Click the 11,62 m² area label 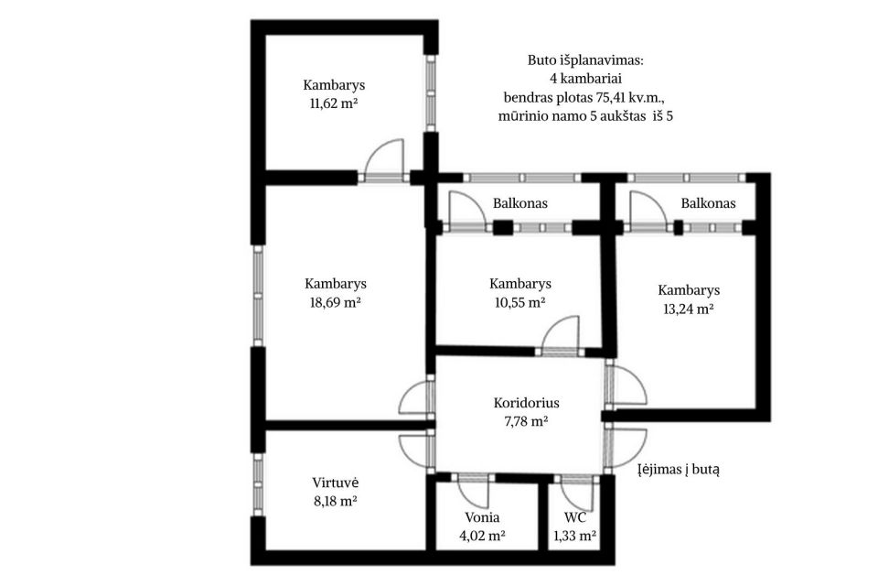click(x=334, y=103)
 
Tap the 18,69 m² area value click(x=335, y=303)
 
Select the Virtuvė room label click(x=336, y=483)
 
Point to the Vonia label click(x=482, y=517)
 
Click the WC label click(x=575, y=517)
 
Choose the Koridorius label click(x=527, y=403)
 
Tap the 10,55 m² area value click(x=520, y=303)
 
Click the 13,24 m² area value click(x=688, y=309)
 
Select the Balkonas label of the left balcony click(x=520, y=203)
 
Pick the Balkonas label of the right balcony click(x=708, y=203)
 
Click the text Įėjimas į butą click(x=679, y=470)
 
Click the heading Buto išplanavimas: click(x=585, y=60)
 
